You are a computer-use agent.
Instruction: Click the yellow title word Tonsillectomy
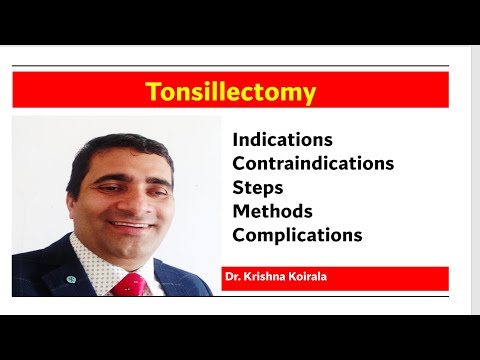(230, 92)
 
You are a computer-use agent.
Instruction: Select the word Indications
(282, 140)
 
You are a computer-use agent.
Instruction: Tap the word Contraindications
(313, 163)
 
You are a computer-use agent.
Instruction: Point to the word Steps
(257, 187)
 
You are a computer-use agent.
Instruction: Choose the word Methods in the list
(272, 211)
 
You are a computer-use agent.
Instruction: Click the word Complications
(297, 235)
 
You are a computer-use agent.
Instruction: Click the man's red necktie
(127, 286)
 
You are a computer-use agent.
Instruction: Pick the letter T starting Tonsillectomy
(152, 92)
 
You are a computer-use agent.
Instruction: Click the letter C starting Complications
(239, 235)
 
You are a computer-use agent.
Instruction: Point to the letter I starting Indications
(235, 140)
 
